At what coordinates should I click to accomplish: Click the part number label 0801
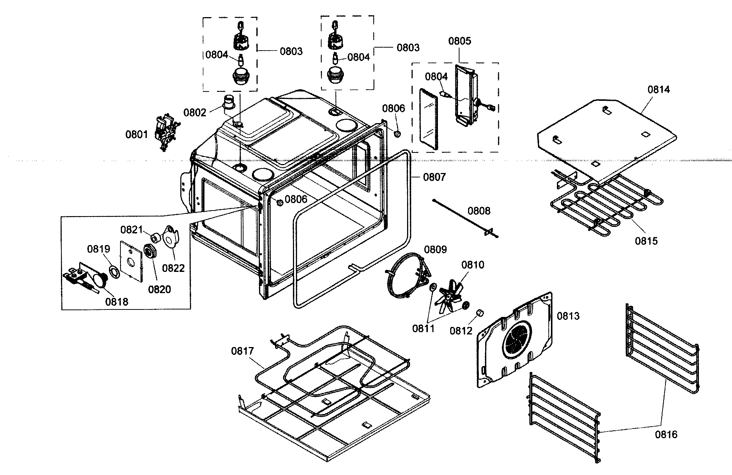(x=136, y=135)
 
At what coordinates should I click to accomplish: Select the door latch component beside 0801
(x=166, y=133)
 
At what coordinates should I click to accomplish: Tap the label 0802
(x=194, y=112)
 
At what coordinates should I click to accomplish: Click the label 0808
(x=479, y=211)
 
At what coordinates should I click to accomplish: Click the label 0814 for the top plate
(x=659, y=89)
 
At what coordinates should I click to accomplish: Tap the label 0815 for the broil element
(x=646, y=241)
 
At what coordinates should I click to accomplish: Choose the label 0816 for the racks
(x=666, y=434)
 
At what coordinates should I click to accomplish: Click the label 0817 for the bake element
(x=242, y=351)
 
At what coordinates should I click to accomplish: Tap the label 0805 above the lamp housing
(x=459, y=41)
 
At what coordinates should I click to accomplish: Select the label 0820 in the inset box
(x=159, y=289)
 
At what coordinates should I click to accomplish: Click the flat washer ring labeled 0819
(x=114, y=271)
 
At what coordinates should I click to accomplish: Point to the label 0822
(x=174, y=268)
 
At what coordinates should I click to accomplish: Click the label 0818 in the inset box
(x=116, y=301)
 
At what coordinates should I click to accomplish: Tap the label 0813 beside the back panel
(x=568, y=316)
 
